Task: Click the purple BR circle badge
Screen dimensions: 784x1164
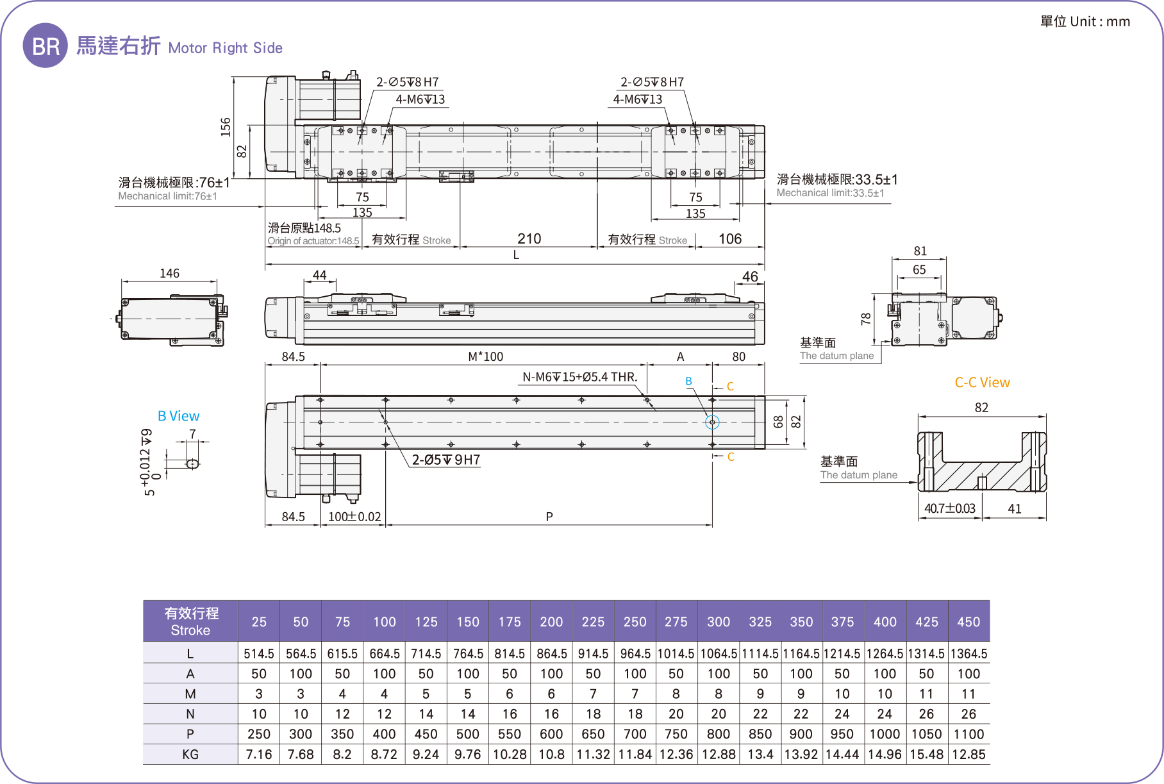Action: point(45,46)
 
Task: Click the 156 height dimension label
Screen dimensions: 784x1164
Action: point(226,127)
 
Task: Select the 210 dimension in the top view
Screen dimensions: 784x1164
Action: point(529,239)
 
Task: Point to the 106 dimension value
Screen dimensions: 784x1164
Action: point(729,239)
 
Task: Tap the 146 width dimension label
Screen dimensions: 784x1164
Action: point(169,274)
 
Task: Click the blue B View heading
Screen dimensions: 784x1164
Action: point(178,416)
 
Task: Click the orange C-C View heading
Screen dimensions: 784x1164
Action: point(982,383)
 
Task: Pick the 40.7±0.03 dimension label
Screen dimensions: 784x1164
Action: point(949,509)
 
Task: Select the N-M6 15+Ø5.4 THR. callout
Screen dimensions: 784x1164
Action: point(579,377)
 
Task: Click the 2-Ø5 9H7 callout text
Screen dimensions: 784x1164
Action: point(445,460)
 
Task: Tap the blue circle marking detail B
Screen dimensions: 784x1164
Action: point(712,422)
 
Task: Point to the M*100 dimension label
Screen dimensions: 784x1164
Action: point(485,357)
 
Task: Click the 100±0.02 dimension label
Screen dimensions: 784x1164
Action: point(354,517)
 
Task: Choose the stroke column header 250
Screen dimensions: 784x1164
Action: point(635,622)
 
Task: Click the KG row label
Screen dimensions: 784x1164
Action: point(190,755)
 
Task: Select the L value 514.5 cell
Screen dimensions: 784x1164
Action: point(259,654)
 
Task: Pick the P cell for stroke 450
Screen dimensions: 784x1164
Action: point(969,734)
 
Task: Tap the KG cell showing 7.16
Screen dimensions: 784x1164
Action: point(259,755)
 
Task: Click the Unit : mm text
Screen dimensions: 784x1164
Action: point(1085,22)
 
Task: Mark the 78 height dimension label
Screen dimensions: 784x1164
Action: point(866,319)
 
